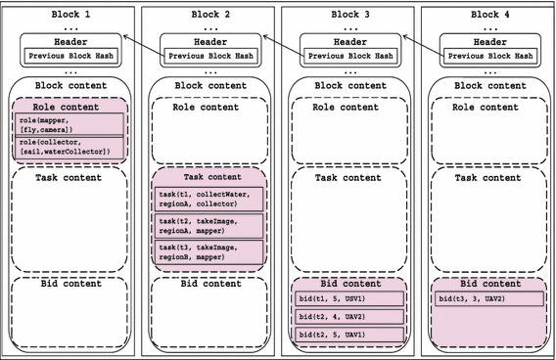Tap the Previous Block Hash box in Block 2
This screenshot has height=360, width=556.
[208, 56]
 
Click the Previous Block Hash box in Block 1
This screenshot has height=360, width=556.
[68, 56]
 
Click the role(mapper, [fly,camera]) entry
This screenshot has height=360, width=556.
[68, 124]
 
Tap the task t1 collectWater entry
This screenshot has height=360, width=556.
[208, 200]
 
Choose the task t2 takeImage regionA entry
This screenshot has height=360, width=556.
[208, 226]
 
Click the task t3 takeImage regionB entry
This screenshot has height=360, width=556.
[208, 252]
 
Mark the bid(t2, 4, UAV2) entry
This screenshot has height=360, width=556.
[347, 316]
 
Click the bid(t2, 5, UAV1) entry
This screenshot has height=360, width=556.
[347, 335]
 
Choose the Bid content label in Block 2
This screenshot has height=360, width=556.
[208, 284]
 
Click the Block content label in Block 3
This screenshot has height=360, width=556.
[347, 86]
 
